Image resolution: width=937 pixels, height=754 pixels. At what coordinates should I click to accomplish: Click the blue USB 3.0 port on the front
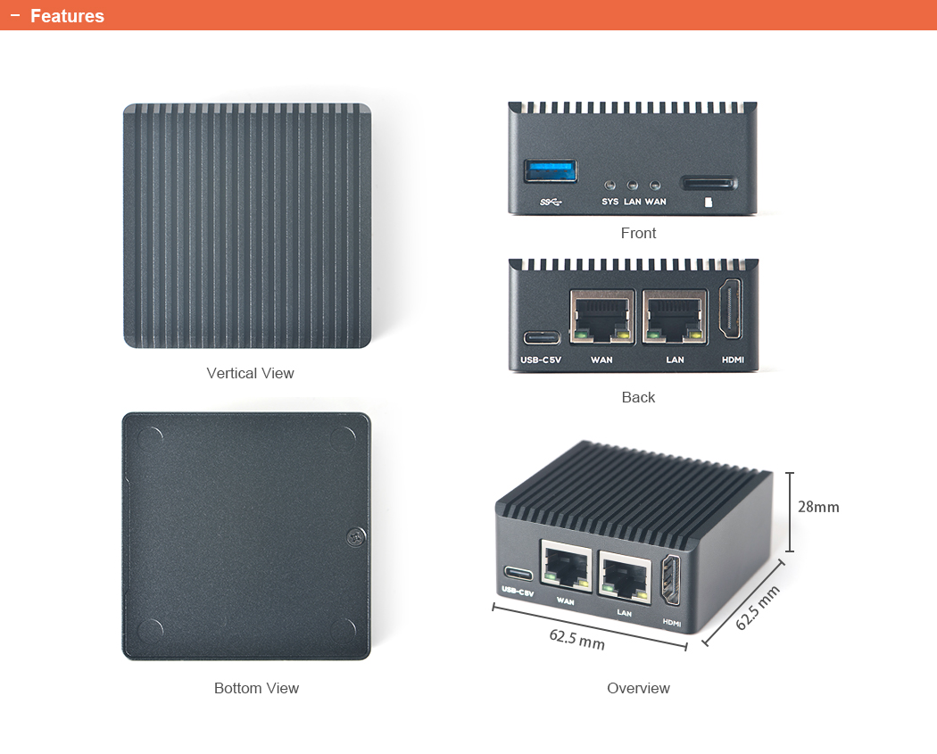[x=551, y=170]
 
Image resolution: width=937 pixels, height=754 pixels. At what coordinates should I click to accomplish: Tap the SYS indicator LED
[x=609, y=186]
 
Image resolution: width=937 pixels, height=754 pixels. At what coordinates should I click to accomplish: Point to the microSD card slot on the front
[x=709, y=184]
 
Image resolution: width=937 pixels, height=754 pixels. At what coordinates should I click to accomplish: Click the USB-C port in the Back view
[x=542, y=337]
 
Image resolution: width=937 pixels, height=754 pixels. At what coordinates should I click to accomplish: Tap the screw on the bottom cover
[x=355, y=536]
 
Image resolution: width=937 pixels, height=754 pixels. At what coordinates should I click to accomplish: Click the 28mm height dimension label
[x=818, y=507]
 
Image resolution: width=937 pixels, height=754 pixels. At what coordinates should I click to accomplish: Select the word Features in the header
[x=67, y=16]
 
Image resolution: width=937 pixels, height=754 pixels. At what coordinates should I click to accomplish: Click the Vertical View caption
[x=250, y=373]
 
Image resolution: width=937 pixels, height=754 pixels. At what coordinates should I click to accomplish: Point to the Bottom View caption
[x=256, y=688]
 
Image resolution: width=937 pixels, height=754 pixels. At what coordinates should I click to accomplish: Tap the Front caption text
[x=638, y=233]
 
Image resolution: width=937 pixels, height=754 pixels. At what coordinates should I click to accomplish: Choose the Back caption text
[x=638, y=397]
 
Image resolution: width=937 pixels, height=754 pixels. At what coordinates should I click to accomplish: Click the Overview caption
[x=638, y=688]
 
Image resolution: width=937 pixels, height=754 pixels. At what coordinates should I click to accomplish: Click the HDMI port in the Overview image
[x=671, y=581]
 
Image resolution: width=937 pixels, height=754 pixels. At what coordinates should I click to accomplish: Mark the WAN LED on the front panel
[x=655, y=186]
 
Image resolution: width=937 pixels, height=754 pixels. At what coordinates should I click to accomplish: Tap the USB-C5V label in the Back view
[x=541, y=360]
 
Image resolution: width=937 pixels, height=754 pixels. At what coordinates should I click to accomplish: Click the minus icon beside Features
[x=14, y=15]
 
